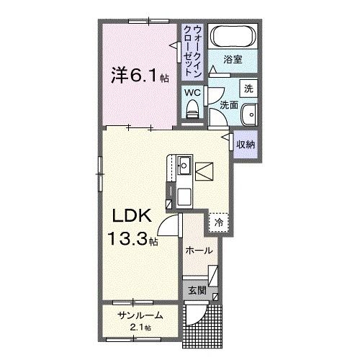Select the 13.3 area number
tap(127, 239)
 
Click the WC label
tap(192, 92)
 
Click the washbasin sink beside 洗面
tap(250, 114)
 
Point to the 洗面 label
tap(229, 105)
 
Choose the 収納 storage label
tap(246, 144)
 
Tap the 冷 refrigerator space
tap(219, 223)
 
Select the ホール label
tap(199, 251)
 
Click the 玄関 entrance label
tap(197, 291)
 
